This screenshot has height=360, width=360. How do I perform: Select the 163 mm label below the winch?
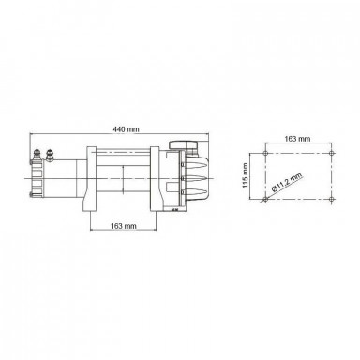pos(124,226)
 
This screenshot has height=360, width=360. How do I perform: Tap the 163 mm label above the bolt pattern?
pos(297,139)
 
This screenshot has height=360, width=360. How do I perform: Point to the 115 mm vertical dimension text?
pos(246,175)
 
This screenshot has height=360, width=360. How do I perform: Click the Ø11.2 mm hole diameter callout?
pos(288,183)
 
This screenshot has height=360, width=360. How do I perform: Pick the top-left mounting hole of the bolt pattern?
pos(265,153)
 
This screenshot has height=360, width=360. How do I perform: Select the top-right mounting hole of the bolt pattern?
pos(332,153)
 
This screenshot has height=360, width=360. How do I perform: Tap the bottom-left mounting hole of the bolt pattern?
pos(265,199)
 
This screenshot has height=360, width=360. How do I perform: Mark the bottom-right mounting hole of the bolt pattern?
pos(332,199)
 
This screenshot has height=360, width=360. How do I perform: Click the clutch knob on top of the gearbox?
pos(184,145)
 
